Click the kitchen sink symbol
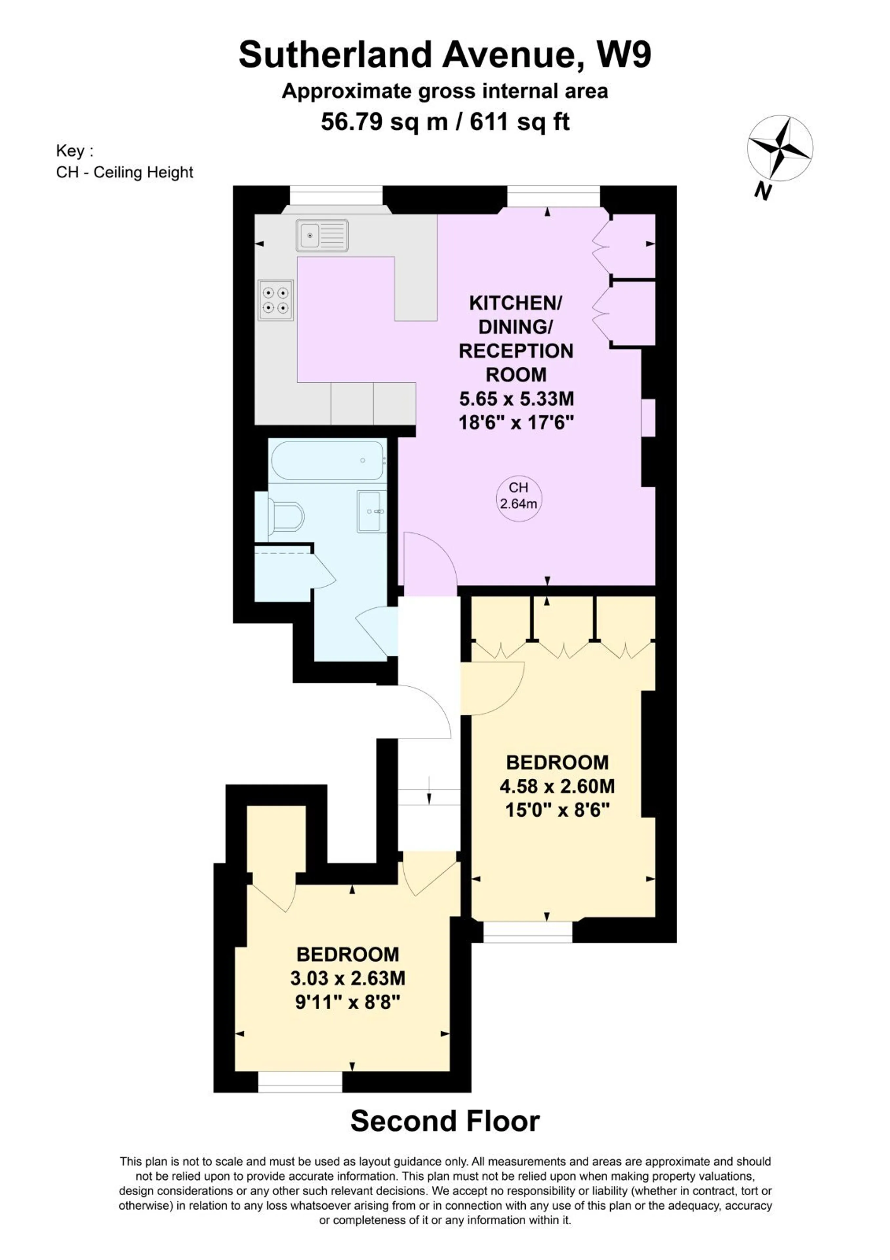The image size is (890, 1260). coord(322,235)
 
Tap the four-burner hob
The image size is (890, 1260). coord(276,300)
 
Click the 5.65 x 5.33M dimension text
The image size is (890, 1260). coord(516,398)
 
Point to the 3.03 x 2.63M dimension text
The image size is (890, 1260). coord(348,977)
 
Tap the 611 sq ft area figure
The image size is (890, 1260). coord(519,121)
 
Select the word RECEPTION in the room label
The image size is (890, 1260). coord(516,351)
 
